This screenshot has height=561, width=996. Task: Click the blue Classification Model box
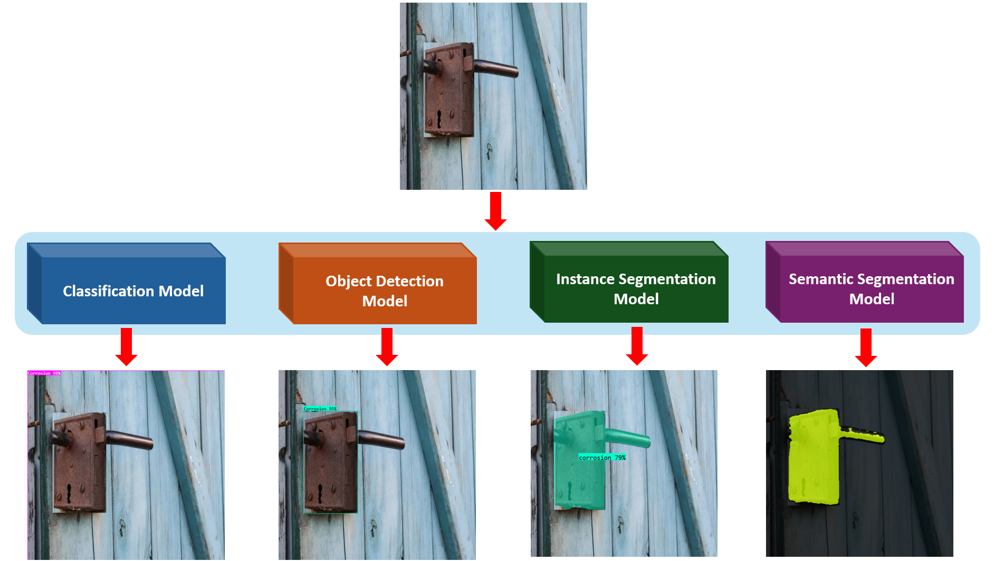coord(133,291)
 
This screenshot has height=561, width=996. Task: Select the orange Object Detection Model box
coord(385,291)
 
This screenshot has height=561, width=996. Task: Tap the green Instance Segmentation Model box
coord(636,288)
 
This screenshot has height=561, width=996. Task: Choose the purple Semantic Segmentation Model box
coord(871,288)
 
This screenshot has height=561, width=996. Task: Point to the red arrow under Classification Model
coord(126,346)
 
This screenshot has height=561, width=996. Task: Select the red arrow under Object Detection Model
coord(387,346)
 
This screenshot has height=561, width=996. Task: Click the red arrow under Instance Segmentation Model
coord(637,345)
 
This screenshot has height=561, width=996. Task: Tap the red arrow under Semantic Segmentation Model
coord(866,346)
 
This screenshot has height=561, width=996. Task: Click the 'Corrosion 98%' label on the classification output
coord(44,373)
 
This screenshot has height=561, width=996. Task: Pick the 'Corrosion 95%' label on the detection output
coord(320,409)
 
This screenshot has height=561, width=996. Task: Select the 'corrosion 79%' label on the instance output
coord(602,458)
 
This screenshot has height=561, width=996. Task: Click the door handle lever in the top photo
coord(496,68)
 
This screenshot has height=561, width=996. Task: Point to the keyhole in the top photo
coord(439,119)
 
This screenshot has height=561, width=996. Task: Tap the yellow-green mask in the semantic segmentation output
coord(812,459)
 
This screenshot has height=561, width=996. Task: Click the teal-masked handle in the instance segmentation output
coord(628,438)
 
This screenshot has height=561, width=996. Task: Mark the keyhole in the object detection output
coord(320,492)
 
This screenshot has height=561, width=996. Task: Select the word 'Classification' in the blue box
coord(109,291)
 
